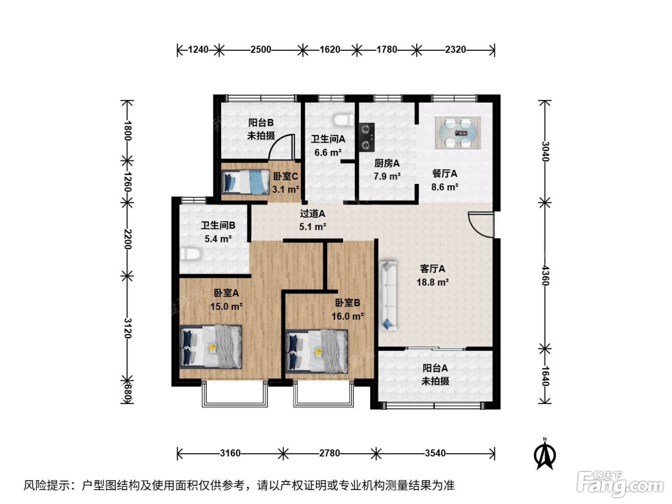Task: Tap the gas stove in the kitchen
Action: click(x=366, y=137)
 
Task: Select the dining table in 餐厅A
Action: click(x=458, y=133)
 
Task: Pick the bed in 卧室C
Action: click(x=245, y=182)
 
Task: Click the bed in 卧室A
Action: click(x=211, y=347)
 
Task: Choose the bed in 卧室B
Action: click(x=316, y=351)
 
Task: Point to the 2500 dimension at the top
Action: click(x=261, y=49)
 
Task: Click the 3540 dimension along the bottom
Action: click(x=435, y=453)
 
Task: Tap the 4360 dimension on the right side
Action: click(x=545, y=276)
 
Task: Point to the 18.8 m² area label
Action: click(x=432, y=282)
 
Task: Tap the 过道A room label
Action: click(x=312, y=213)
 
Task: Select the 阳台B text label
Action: click(x=261, y=123)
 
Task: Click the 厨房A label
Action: click(x=387, y=163)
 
